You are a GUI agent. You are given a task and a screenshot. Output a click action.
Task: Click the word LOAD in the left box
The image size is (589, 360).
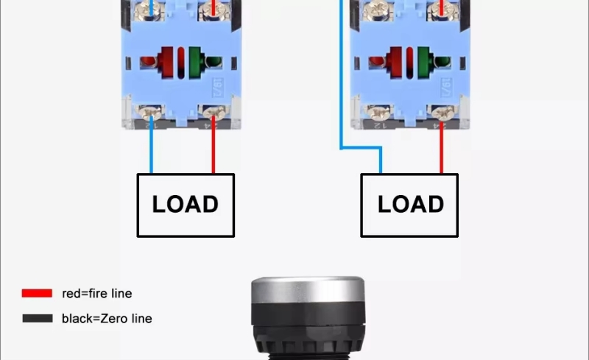[x=186, y=204]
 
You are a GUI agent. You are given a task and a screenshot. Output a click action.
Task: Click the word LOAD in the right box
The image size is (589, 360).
[x=411, y=204]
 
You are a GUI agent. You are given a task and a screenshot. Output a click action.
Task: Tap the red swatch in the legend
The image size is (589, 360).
[x=37, y=293]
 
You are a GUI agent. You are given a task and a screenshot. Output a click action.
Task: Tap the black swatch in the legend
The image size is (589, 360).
[x=37, y=319]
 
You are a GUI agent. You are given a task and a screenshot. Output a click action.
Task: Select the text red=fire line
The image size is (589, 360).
[x=97, y=293]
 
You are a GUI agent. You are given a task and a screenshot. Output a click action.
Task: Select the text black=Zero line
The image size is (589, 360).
[x=107, y=319]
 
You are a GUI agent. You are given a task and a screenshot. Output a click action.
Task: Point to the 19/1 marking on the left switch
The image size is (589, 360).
[x=219, y=87]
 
